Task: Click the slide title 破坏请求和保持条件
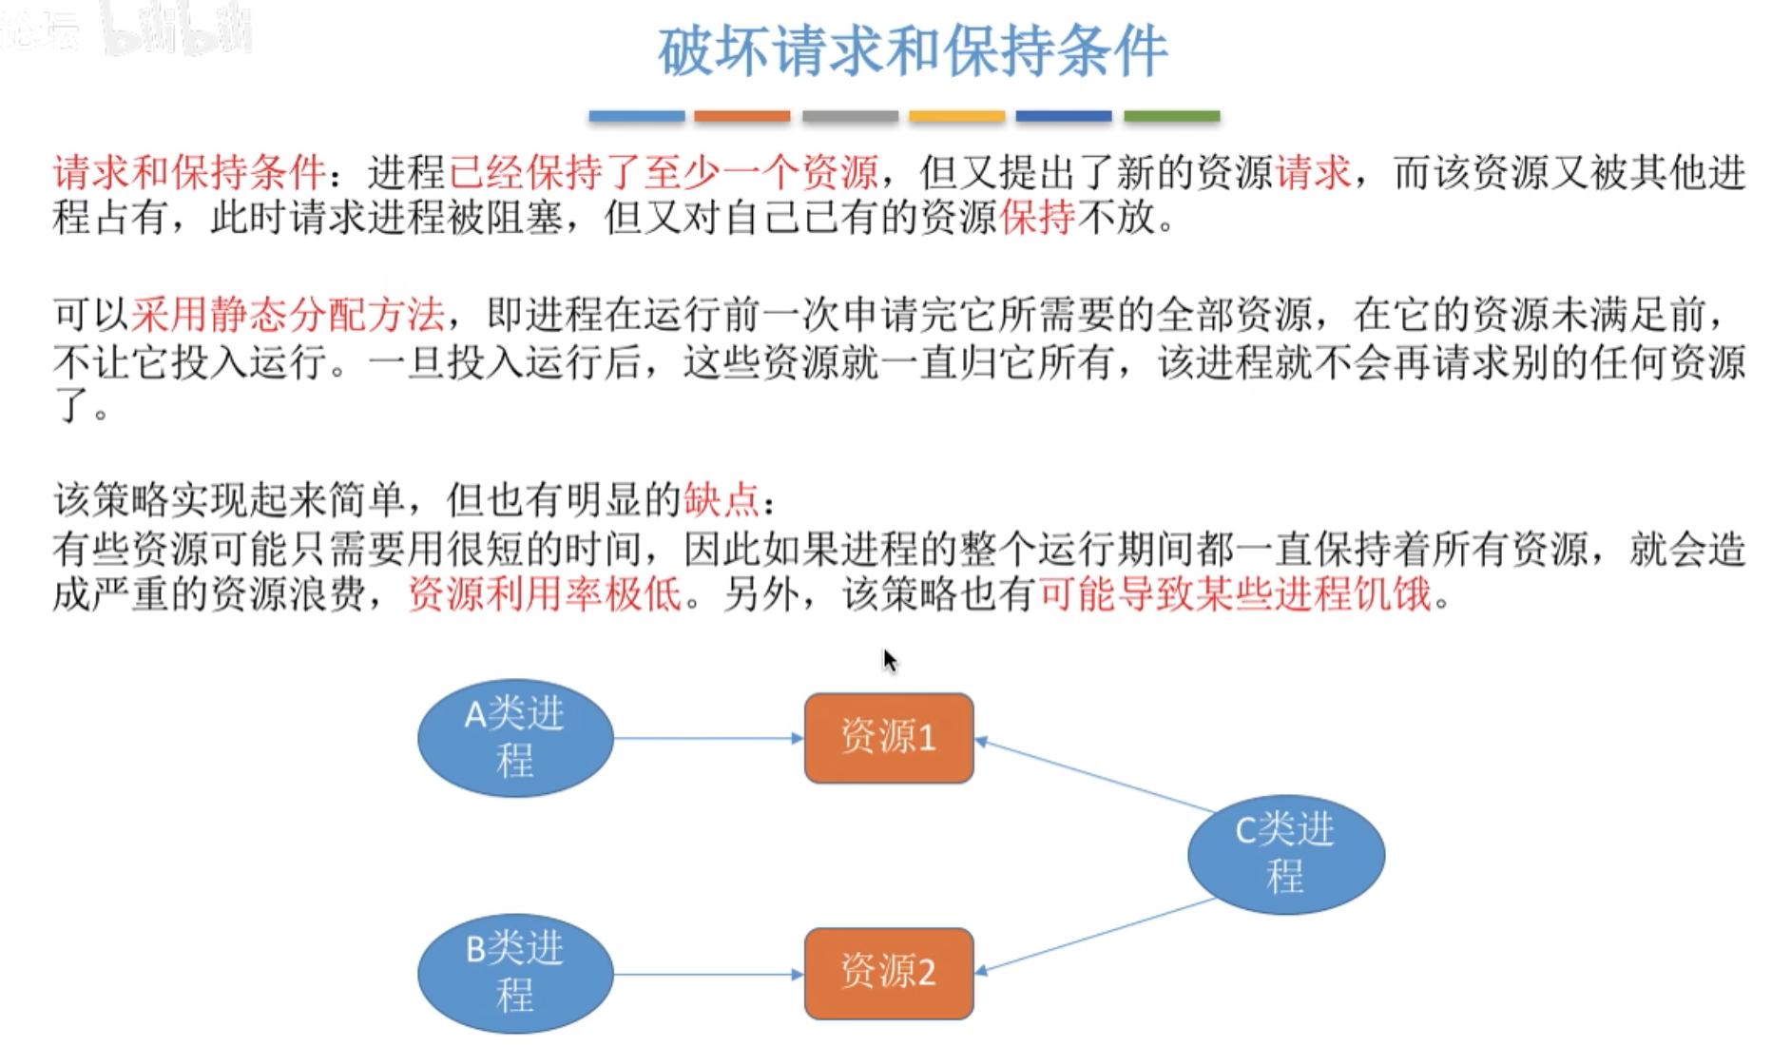[x=912, y=51]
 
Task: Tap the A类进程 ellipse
[x=515, y=738]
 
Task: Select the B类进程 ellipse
[x=515, y=973]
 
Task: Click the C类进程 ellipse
[x=1285, y=854]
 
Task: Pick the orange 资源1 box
[x=888, y=738]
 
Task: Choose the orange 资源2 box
[x=888, y=973]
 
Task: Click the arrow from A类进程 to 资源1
[x=708, y=738]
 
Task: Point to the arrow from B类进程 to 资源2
[x=708, y=974]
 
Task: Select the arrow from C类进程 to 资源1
[x=1093, y=775]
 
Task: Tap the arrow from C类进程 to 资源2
[x=1093, y=936]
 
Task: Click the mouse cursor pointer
[x=889, y=660]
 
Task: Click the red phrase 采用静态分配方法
[x=287, y=314]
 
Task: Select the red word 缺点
[x=721, y=499]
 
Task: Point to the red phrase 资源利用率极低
[x=544, y=594]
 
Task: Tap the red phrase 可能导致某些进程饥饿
[x=1235, y=594]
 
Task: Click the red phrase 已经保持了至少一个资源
[x=663, y=172]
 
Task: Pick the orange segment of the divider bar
[x=741, y=116]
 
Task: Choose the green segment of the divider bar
[x=1171, y=116]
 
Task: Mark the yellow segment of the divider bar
[x=956, y=116]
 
